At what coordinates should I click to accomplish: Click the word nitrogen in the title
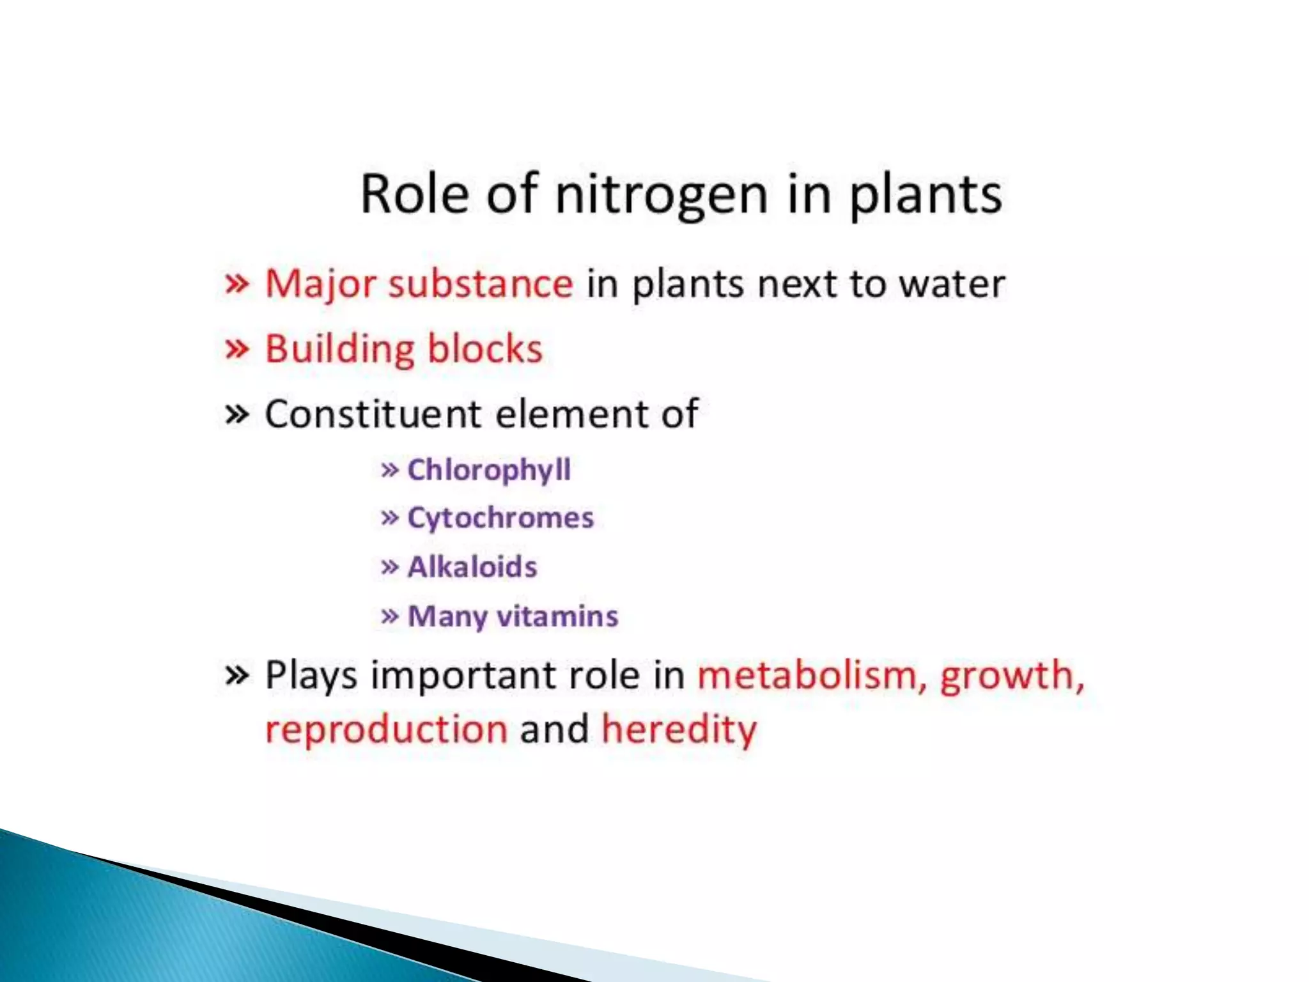coord(661,195)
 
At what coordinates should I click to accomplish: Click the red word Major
coord(320,284)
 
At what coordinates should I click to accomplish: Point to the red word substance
coord(481,284)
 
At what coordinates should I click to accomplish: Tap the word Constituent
coord(373,414)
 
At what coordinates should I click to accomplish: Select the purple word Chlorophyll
coord(489,471)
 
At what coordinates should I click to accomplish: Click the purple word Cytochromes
coord(500,518)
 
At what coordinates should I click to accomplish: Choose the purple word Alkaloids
coord(472,567)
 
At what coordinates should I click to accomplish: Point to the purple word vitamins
coord(557,616)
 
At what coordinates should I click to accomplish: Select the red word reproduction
coord(386,729)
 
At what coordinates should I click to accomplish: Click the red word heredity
coord(679,729)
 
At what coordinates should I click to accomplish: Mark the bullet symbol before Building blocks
coord(236,349)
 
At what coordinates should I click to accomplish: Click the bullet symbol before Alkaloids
coord(389,567)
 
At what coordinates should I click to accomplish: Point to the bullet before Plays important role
coord(236,675)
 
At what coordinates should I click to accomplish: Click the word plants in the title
coord(925,195)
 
